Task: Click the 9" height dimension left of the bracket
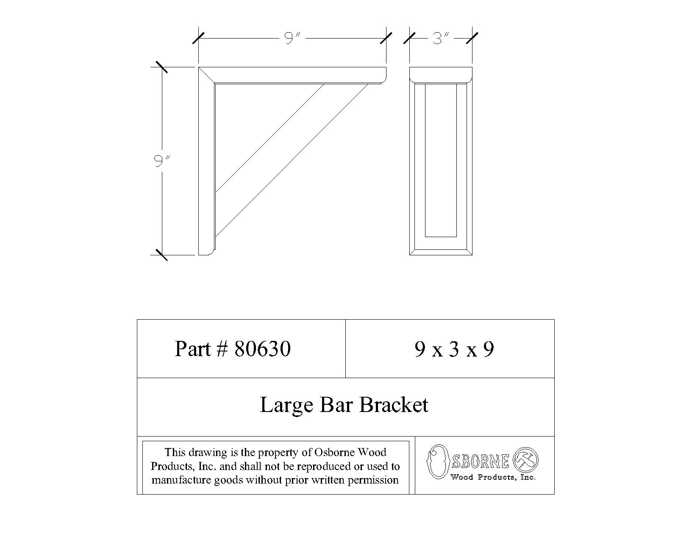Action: [159, 161]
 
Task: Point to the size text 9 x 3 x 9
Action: [454, 350]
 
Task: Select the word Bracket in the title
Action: [394, 405]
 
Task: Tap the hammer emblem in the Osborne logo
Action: [525, 460]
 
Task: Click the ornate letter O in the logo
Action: [438, 462]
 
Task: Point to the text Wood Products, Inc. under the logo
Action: [493, 478]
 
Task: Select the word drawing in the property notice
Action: [208, 452]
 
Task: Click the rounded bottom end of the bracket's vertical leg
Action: [207, 252]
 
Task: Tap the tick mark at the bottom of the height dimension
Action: [161, 254]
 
